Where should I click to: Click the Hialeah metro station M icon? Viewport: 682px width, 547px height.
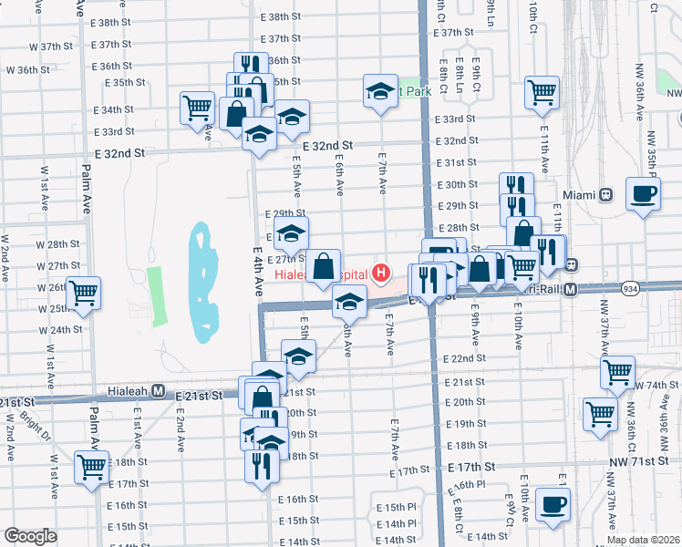[158, 391]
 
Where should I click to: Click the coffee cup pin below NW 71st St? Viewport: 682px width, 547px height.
[553, 504]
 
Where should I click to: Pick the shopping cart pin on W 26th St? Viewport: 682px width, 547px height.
[83, 293]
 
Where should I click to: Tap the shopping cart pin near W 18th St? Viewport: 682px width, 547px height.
[91, 467]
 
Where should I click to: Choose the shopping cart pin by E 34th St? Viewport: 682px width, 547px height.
[197, 108]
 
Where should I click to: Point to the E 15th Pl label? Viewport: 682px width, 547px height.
[395, 506]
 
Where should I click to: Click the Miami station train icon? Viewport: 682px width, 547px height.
[604, 194]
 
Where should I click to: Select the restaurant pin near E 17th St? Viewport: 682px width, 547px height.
[262, 466]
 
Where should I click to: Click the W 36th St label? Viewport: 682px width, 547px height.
[27, 69]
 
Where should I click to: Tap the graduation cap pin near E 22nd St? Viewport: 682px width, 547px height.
[297, 356]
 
